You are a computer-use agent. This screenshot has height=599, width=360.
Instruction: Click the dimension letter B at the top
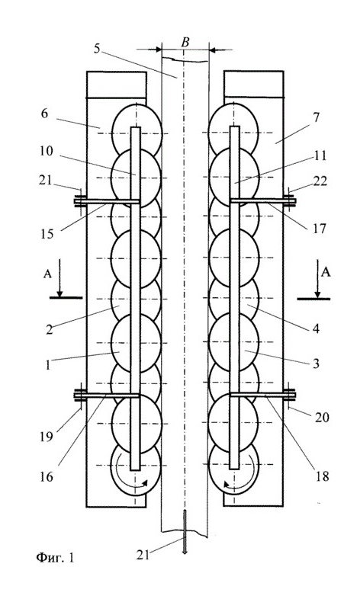(185, 42)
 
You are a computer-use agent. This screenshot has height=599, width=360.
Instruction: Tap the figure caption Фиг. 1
(56, 557)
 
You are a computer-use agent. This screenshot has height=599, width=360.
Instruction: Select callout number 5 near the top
(97, 49)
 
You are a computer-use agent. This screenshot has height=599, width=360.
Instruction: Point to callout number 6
(45, 114)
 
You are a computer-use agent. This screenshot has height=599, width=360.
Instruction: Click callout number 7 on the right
(316, 117)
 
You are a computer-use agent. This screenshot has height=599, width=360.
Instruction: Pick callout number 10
(47, 152)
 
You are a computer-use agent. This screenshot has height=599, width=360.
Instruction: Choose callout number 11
(319, 156)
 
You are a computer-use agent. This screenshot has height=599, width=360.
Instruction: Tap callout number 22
(320, 181)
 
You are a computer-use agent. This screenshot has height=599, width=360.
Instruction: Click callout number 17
(319, 228)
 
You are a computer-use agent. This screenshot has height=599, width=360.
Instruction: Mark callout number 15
(47, 233)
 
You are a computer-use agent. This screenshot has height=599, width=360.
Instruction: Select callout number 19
(47, 436)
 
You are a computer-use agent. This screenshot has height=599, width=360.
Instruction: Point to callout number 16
(47, 476)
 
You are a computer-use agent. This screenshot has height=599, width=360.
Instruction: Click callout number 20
(322, 417)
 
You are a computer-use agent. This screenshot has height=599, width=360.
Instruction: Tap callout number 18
(322, 476)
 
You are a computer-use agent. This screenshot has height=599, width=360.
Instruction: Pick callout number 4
(316, 328)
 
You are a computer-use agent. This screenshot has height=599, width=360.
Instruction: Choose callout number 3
(316, 364)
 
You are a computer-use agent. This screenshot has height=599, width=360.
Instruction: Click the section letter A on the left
(47, 274)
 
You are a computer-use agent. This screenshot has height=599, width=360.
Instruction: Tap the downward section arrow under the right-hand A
(317, 279)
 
